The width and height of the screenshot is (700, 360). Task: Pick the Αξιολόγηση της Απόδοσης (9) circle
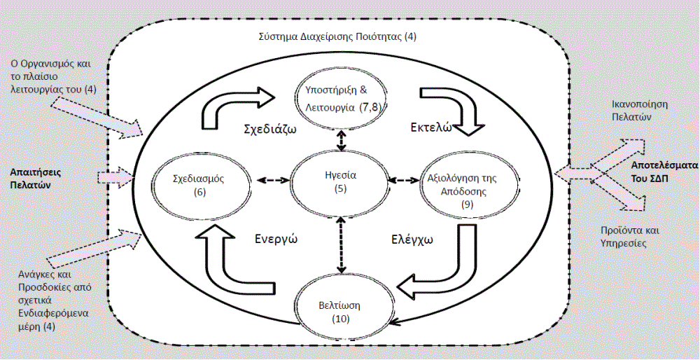[462, 184]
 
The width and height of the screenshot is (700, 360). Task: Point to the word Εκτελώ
[428, 128]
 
